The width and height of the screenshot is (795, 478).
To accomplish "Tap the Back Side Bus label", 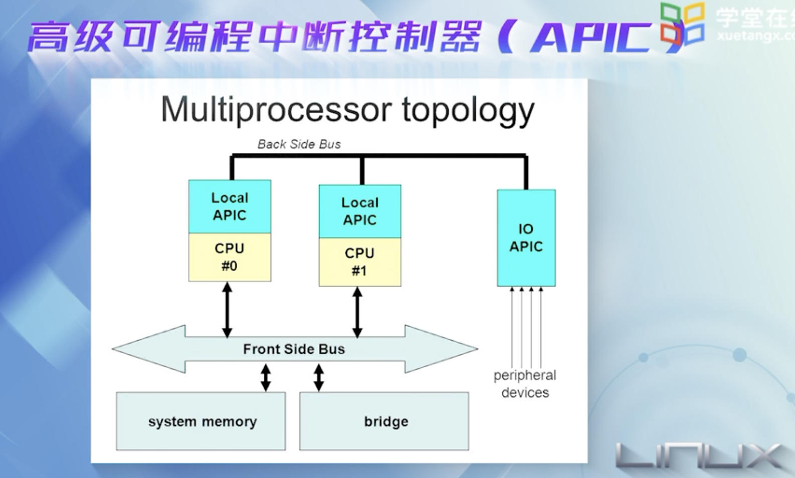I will [x=299, y=144].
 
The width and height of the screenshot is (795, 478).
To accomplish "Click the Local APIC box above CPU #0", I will [x=230, y=206].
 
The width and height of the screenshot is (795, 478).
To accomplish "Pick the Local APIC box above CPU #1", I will [x=360, y=211].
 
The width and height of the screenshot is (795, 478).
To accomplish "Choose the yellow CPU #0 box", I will [x=230, y=257].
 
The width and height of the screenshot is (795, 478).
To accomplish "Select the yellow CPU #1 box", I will [x=360, y=262].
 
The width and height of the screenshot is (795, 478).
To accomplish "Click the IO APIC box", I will [x=526, y=237].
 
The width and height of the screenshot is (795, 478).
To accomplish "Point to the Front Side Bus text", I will [x=294, y=349].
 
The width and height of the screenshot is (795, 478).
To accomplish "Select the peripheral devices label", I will [x=525, y=384].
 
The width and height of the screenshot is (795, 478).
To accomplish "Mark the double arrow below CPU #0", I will [x=227, y=309].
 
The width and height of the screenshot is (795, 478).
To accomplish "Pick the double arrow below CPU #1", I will [x=357, y=312].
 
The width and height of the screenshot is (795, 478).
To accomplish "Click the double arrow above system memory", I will [x=266, y=377].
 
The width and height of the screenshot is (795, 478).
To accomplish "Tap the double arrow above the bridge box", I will [x=319, y=377].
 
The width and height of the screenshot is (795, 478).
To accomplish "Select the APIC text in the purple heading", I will [x=591, y=38].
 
